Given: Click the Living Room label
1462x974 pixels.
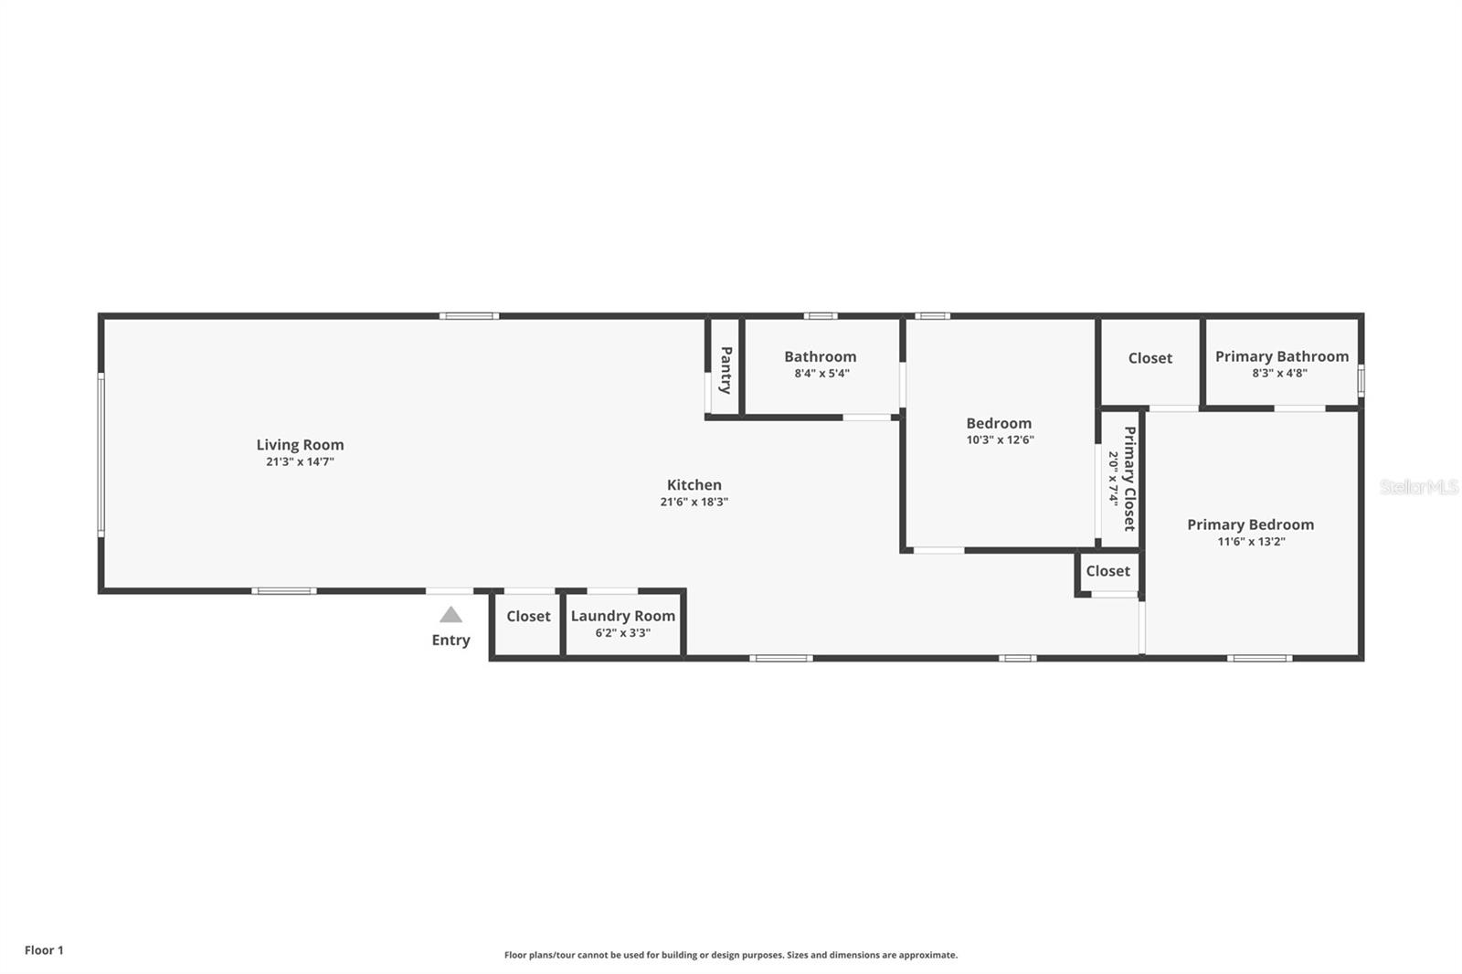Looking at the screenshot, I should click(300, 445).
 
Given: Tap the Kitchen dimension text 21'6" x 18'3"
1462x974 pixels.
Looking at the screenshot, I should click(694, 502).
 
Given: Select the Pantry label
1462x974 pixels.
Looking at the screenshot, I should click(726, 370).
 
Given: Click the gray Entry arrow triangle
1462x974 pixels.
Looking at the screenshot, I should click(450, 615).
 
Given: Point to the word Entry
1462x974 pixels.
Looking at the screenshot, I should click(450, 640).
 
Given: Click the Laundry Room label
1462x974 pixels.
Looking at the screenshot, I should click(623, 616).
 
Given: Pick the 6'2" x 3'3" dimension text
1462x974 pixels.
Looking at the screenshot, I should click(623, 632).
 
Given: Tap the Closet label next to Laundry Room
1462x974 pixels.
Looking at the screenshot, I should click(528, 616).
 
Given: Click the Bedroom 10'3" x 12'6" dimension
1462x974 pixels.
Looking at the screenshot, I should click(1000, 439).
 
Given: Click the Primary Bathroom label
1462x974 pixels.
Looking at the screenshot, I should click(1281, 356).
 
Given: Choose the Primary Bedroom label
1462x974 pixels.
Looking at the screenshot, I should click(1250, 524).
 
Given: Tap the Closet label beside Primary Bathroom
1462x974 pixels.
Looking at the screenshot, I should click(1149, 358).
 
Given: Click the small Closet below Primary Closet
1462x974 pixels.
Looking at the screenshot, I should click(1107, 571).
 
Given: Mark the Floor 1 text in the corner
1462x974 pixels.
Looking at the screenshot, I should click(44, 950).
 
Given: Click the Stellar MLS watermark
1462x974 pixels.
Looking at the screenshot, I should click(1418, 487).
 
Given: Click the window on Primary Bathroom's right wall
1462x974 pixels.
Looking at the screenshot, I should click(1361, 380).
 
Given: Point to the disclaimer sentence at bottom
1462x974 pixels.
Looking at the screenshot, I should click(731, 955).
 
